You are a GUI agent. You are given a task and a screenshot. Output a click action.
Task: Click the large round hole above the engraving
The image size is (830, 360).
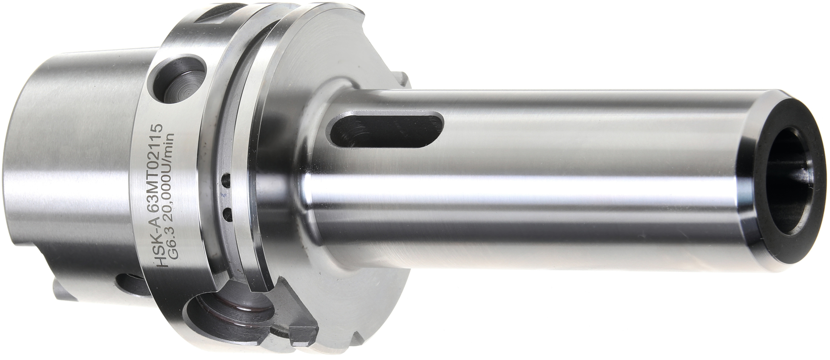pos(182,82)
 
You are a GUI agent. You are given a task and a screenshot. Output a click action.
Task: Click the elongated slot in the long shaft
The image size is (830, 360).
pos(387,129)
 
